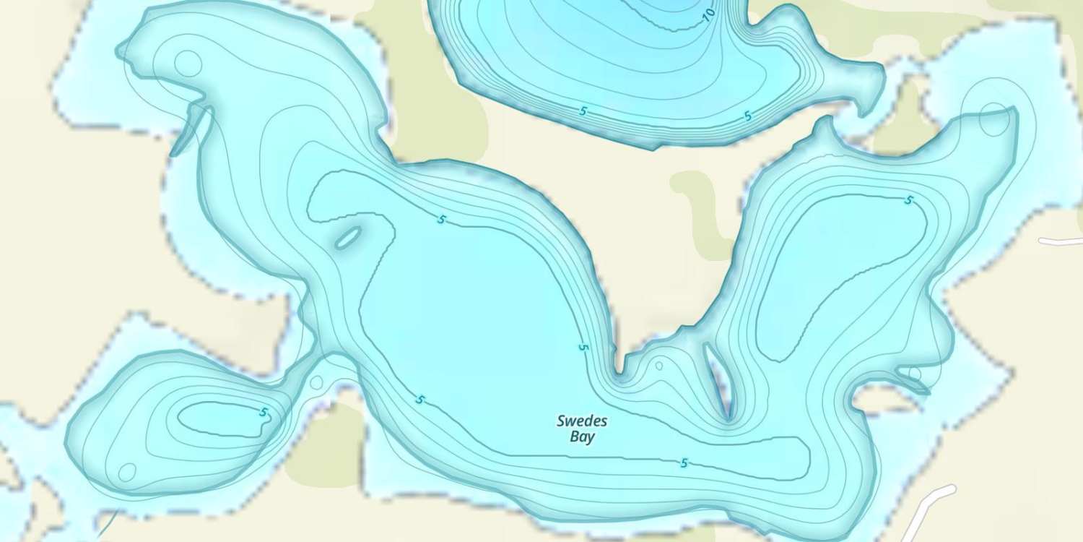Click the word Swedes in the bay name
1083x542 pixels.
tap(582, 421)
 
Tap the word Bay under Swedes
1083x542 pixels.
tap(583, 436)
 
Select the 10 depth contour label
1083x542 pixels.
tap(709, 12)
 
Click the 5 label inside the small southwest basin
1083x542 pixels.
tap(264, 413)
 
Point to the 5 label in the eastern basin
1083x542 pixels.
tap(908, 200)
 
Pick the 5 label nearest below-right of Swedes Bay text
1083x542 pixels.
tap(683, 463)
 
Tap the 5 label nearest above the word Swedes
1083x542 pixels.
tap(583, 348)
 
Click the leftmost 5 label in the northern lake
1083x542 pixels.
tap(583, 111)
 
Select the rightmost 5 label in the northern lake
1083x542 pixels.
tap(747, 116)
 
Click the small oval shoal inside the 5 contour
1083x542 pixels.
tap(348, 237)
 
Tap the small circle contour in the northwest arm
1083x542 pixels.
tap(188, 64)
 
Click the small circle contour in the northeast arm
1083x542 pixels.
tap(994, 120)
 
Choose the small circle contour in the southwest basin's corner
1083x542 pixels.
tap(127, 473)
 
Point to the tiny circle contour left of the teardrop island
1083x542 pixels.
tap(658, 366)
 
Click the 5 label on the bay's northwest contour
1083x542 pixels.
tap(441, 220)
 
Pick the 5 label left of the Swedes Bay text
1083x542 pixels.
tap(419, 400)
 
